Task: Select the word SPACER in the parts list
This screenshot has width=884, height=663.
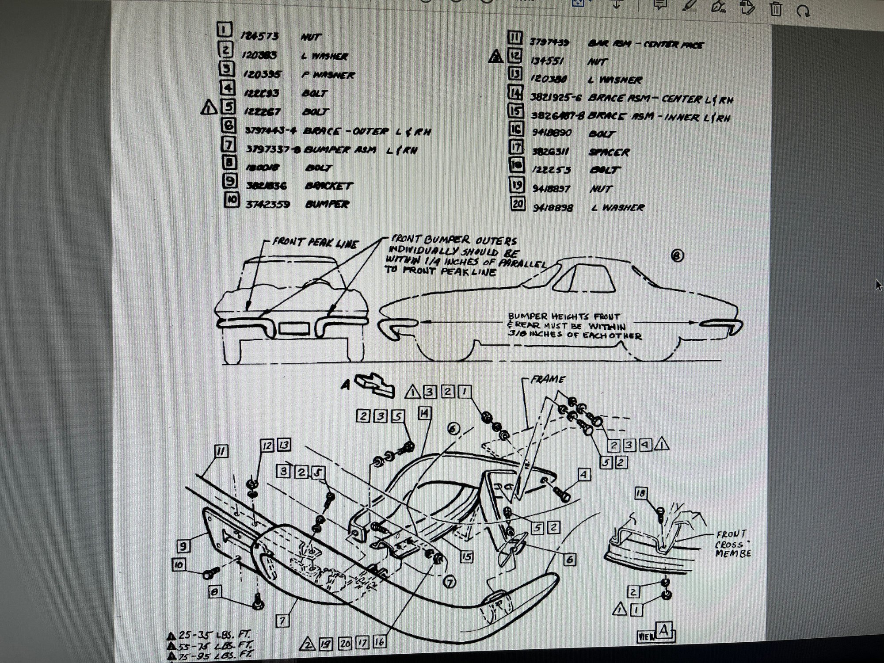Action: point(609,152)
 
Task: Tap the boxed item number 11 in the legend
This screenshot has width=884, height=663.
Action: point(515,38)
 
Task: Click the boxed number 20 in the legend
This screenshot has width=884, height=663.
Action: point(518,204)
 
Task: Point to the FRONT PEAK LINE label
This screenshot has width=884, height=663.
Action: point(314,243)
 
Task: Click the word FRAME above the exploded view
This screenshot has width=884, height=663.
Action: point(548,379)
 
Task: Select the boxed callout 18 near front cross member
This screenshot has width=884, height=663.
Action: point(641,493)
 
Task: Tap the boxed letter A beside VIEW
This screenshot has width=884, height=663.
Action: point(663,630)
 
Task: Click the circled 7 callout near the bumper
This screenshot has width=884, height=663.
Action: point(450,583)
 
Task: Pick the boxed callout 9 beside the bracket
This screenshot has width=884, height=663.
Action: point(183,546)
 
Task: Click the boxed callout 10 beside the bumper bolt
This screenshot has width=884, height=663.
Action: point(179,565)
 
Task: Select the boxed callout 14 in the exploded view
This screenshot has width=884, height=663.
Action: point(424,414)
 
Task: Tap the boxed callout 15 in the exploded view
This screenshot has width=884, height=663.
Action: point(466,557)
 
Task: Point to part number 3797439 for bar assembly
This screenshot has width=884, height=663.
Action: point(549,42)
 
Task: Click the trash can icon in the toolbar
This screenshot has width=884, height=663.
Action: point(776,8)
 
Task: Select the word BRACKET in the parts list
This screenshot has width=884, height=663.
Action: point(328,186)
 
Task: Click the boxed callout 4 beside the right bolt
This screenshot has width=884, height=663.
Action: point(584,475)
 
